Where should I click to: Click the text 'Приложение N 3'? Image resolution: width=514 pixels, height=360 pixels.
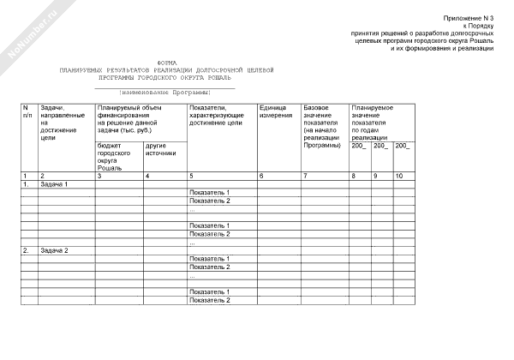point(469,18)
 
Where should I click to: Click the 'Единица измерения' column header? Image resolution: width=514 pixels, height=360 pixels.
point(276,111)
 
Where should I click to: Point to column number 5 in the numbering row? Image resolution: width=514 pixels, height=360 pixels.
point(191,176)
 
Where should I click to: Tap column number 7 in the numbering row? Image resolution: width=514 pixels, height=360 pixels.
point(305,176)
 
